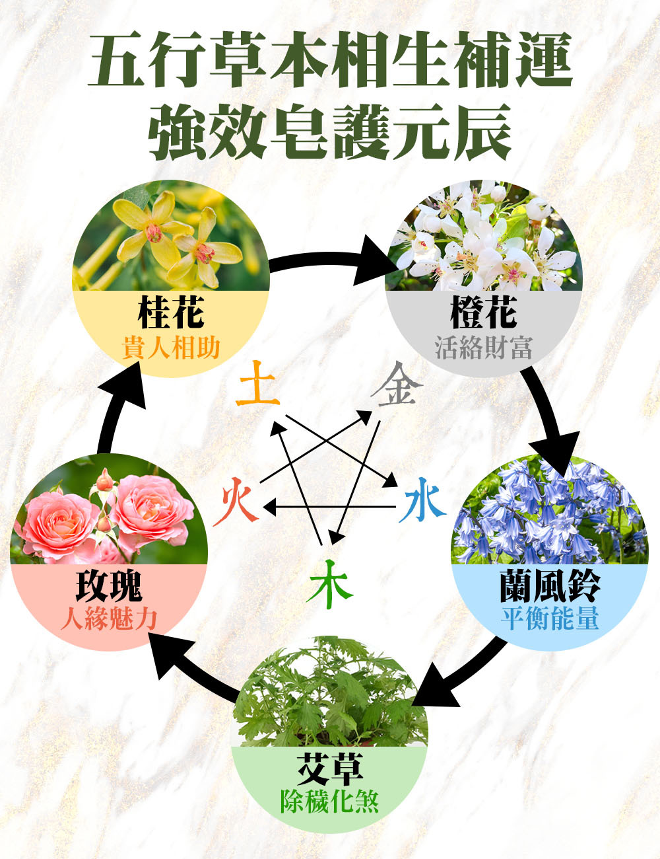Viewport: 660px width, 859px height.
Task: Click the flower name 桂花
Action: point(171,313)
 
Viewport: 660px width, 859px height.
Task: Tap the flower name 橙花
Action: point(483,313)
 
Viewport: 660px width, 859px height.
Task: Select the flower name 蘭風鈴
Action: point(549,585)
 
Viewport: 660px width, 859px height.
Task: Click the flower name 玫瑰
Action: point(109,585)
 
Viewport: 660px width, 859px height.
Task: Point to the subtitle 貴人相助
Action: point(171,347)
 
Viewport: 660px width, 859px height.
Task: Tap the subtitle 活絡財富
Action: point(483,347)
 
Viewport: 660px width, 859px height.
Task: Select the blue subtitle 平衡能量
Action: point(549,619)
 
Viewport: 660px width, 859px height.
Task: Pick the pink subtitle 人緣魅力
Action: point(109,619)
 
